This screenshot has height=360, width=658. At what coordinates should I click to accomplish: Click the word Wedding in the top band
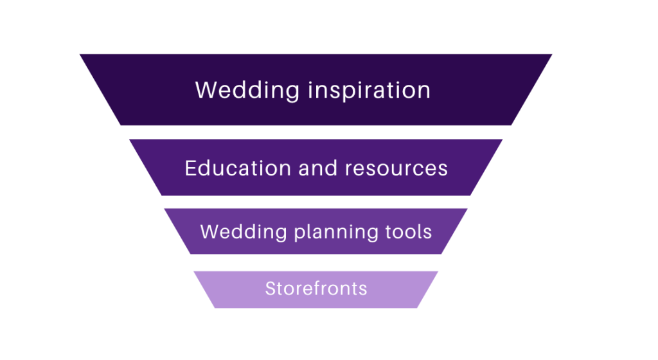pyautogui.click(x=247, y=91)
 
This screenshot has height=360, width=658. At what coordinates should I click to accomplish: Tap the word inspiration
pyautogui.click(x=369, y=91)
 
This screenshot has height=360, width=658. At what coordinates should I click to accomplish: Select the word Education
pyautogui.click(x=238, y=168)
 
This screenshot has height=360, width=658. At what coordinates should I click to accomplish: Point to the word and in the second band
pyautogui.click(x=317, y=168)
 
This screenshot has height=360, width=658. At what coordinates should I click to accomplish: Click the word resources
pyautogui.click(x=396, y=169)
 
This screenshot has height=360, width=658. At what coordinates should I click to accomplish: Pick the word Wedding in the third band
pyautogui.click(x=244, y=232)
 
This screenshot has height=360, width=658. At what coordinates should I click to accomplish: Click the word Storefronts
pyautogui.click(x=316, y=289)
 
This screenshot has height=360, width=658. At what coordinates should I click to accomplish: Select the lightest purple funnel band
pyautogui.click(x=316, y=289)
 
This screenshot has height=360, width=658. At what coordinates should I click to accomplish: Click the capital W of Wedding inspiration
pyautogui.click(x=206, y=90)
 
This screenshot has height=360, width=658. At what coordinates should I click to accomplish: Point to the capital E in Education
pyautogui.click(x=191, y=168)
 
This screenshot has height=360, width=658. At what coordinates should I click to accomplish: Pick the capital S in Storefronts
pyautogui.click(x=271, y=289)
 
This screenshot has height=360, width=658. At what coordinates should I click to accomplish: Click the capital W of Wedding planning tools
pyautogui.click(x=209, y=232)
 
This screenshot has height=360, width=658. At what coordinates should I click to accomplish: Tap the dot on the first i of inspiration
pyautogui.click(x=311, y=82)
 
